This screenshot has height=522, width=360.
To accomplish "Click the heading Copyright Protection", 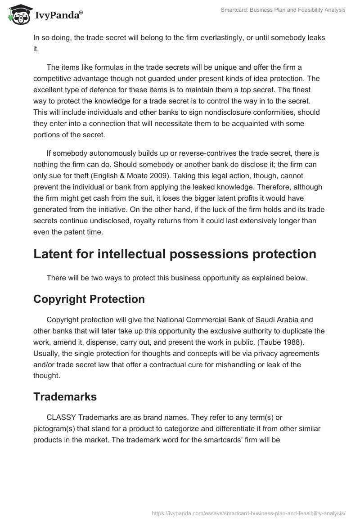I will click(x=89, y=299).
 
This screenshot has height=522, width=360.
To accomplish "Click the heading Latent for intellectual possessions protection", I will click(x=175, y=254).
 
